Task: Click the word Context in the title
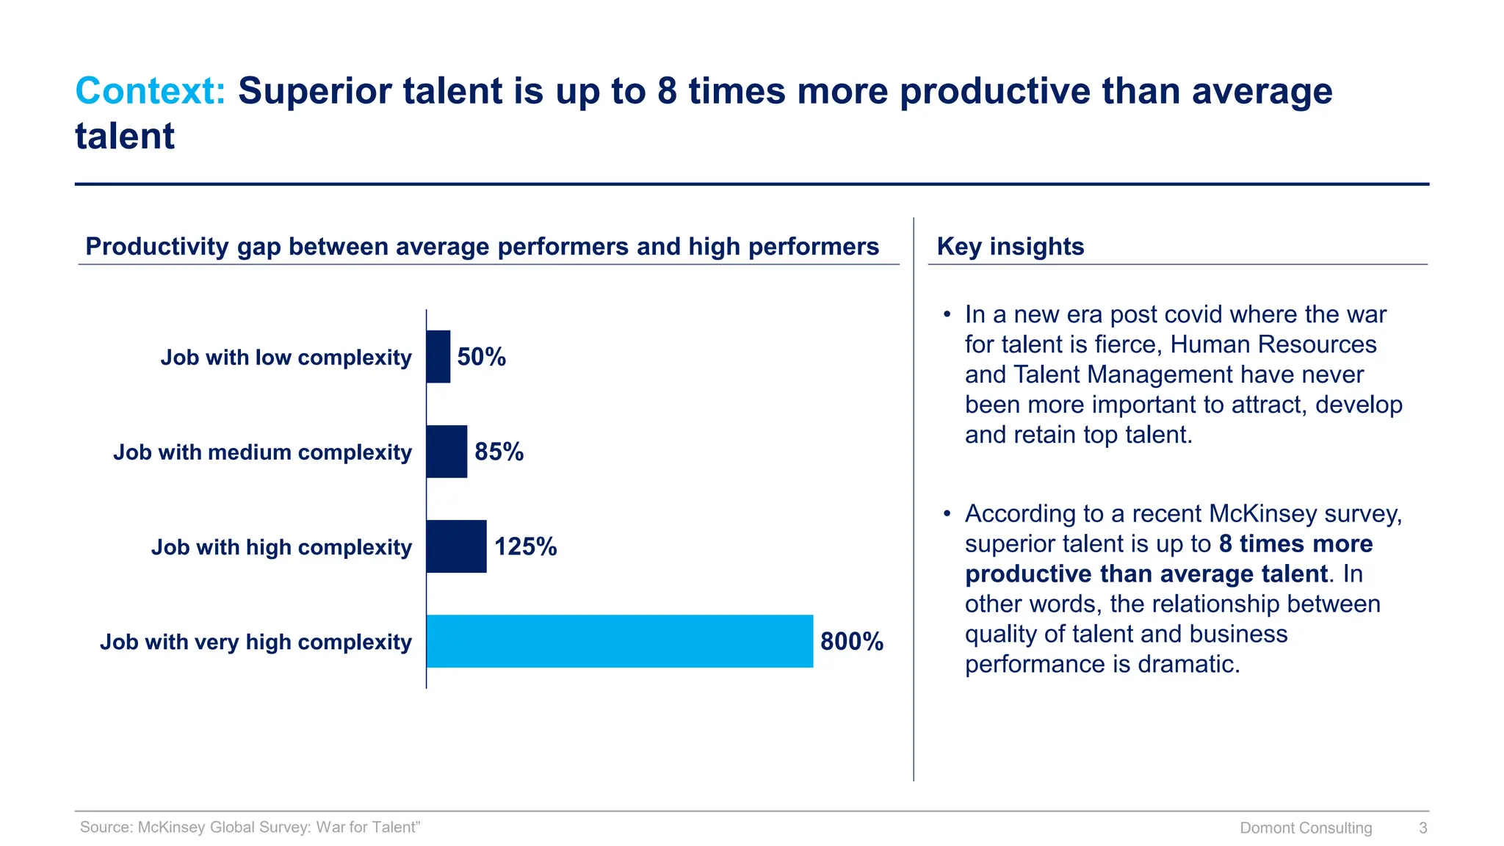click(150, 92)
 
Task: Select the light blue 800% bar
click(619, 641)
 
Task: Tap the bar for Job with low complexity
click(438, 357)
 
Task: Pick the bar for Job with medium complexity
click(446, 452)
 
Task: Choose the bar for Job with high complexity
click(456, 546)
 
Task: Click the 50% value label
click(482, 357)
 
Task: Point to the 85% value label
click(499, 452)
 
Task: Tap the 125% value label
click(525, 546)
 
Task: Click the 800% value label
click(851, 641)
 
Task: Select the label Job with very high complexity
click(256, 642)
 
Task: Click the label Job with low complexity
click(286, 358)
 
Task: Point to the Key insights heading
click(1010, 247)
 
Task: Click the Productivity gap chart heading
click(482, 247)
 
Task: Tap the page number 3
click(1422, 828)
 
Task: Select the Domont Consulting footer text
click(1305, 828)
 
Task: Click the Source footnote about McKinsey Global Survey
click(250, 827)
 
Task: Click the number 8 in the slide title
click(667, 92)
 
